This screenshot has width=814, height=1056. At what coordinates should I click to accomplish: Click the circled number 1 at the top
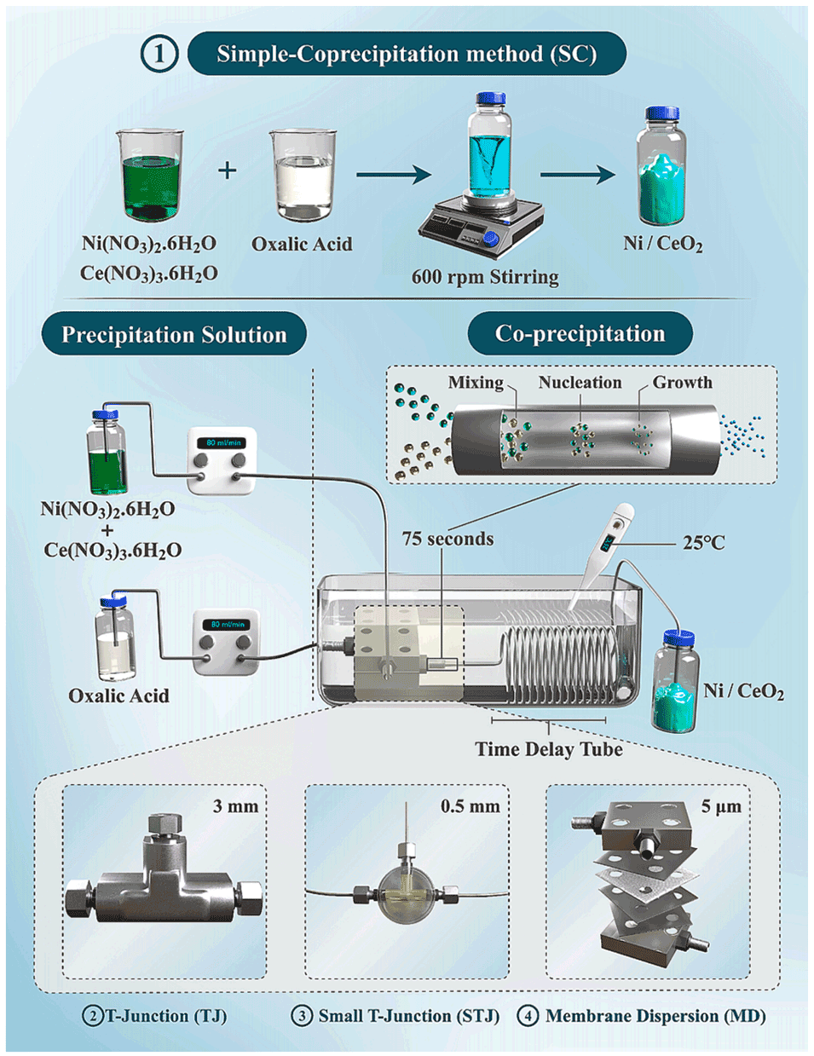[159, 55]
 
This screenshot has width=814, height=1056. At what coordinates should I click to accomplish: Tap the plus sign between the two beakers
[227, 170]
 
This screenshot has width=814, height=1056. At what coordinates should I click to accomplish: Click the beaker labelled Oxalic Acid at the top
[303, 175]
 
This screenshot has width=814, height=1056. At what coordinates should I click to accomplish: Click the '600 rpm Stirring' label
[485, 277]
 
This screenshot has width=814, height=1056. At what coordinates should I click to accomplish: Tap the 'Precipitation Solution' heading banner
[174, 335]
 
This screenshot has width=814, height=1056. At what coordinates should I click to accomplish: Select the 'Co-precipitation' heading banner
[580, 334]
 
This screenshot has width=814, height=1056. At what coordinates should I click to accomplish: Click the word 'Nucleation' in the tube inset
[580, 383]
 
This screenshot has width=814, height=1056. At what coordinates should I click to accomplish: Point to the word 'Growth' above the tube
[682, 383]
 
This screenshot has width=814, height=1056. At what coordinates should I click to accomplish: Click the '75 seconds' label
[447, 539]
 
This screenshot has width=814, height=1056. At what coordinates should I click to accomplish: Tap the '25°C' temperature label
[703, 543]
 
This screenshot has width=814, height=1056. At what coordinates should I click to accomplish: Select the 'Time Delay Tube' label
[548, 749]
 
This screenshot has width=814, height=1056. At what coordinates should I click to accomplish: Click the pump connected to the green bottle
[221, 461]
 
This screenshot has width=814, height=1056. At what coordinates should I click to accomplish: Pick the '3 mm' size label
[235, 806]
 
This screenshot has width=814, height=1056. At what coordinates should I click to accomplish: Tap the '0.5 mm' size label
[470, 806]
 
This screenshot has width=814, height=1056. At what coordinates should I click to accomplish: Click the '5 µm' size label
[721, 806]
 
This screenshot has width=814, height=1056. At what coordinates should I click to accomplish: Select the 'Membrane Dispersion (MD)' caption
[655, 1016]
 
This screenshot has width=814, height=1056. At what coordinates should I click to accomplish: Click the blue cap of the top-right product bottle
[661, 113]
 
